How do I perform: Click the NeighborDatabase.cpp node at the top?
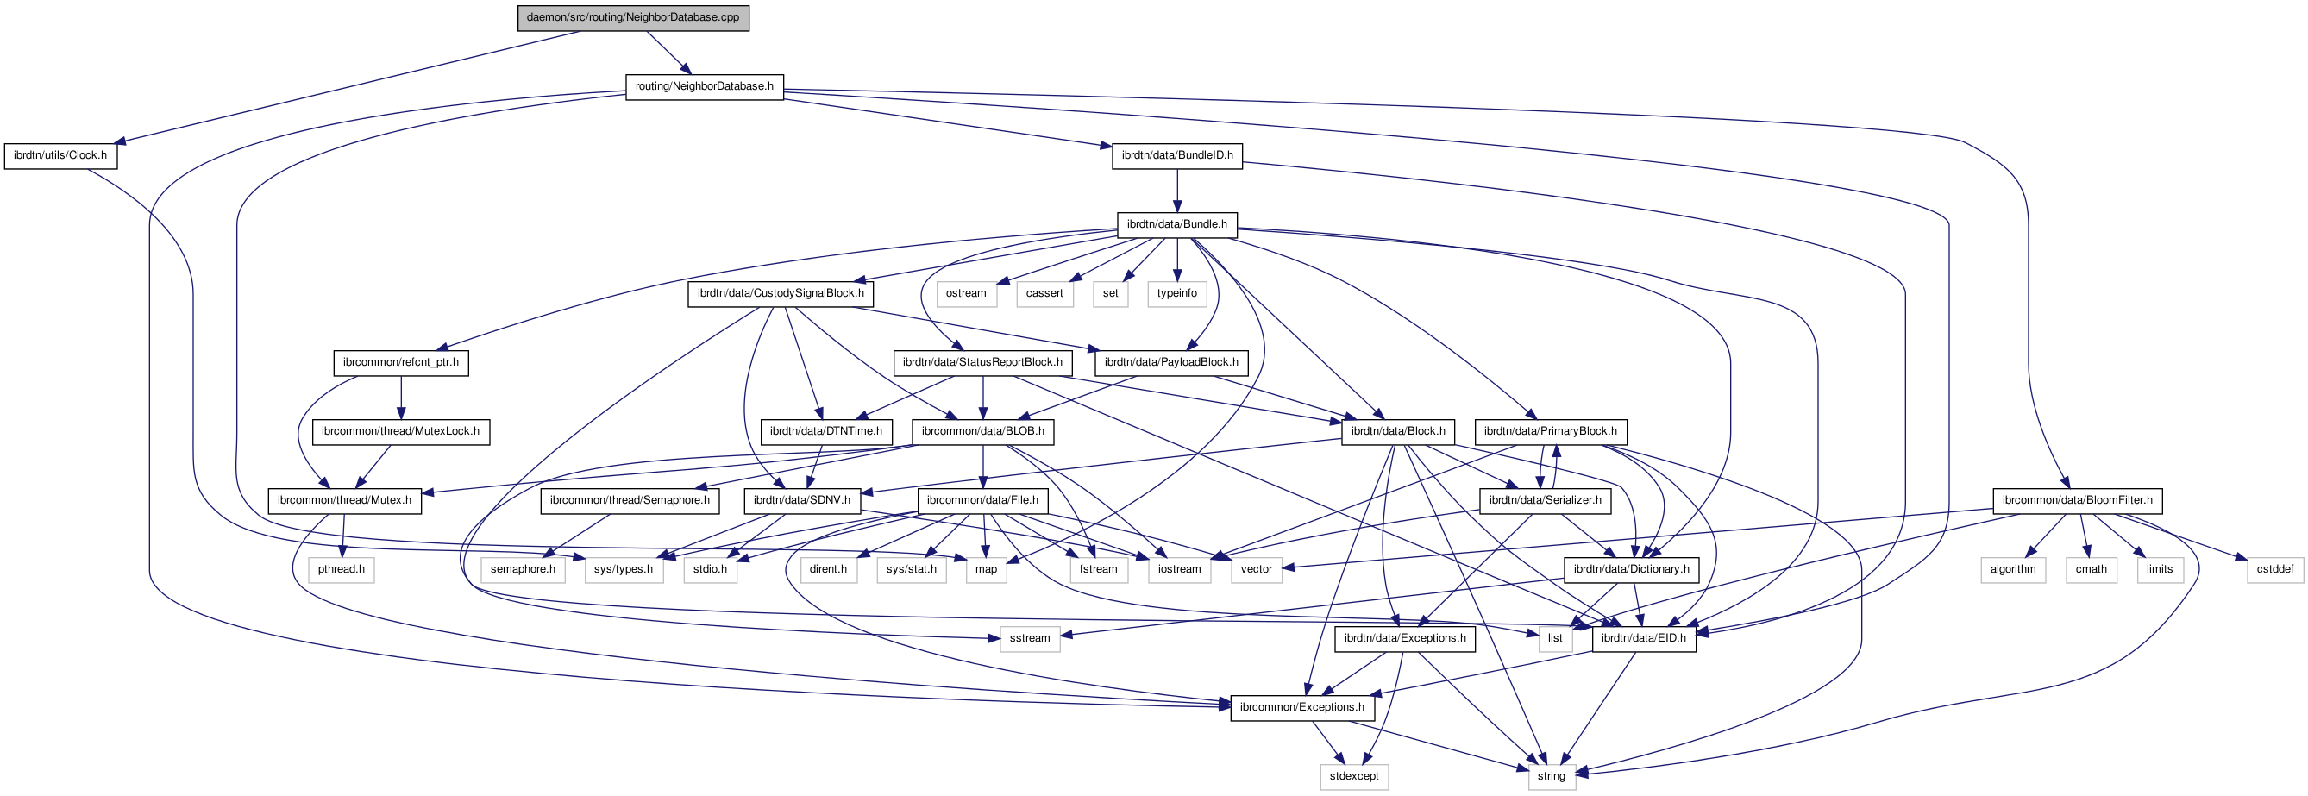632,18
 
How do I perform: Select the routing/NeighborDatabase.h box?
705,87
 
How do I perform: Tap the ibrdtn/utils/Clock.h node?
60,156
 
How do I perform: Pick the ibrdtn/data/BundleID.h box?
1177,156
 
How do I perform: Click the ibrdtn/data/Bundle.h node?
1176,225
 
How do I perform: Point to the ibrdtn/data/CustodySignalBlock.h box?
781,294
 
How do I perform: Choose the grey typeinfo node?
1176,294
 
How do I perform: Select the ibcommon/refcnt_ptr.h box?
400,362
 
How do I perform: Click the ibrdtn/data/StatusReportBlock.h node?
982,362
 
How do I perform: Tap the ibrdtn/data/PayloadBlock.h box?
1171,362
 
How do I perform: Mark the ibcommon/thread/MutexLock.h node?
400,431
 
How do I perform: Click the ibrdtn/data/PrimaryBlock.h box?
1550,431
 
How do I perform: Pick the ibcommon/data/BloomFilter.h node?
2077,500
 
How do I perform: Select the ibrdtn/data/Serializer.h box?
1545,500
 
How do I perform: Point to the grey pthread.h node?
342,569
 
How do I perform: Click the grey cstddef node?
2275,569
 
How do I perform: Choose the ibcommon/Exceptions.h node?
1301,707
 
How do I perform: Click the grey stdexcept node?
1354,776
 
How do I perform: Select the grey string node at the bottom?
1551,776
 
